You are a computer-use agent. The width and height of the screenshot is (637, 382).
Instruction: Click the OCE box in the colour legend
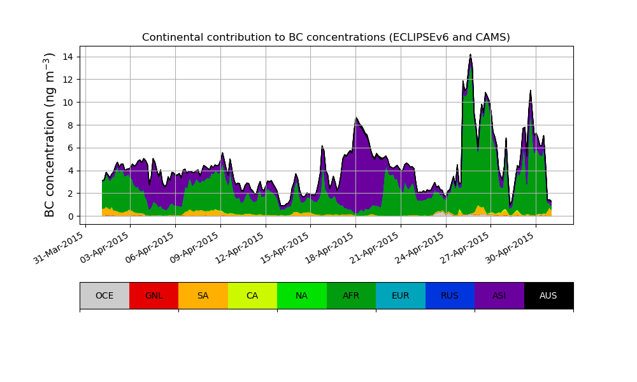coord(104,295)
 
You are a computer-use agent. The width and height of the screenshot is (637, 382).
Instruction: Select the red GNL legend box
coord(154,295)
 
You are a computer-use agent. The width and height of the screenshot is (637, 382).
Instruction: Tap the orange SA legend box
coord(203,295)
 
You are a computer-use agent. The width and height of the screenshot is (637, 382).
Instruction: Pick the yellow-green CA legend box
coord(252,295)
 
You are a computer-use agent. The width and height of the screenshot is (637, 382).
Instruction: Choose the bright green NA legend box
coord(301,295)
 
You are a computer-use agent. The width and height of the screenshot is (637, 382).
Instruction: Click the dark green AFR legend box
coord(351,295)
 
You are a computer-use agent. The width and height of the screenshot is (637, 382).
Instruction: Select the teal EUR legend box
coord(400,295)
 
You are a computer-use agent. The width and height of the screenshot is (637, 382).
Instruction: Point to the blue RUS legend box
coord(450,295)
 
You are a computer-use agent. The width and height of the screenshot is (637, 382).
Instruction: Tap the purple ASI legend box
coord(499,295)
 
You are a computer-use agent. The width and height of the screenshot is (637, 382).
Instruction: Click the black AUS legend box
coord(548,295)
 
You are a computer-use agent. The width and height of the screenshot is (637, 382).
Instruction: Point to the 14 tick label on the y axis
coord(68,57)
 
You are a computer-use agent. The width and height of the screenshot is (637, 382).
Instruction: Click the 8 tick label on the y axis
coord(71,125)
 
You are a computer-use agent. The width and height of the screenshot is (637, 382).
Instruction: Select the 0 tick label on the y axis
coord(71,216)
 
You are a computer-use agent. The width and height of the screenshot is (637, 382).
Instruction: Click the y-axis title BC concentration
coord(50,135)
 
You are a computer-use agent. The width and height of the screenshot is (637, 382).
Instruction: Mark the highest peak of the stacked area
coord(470,55)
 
